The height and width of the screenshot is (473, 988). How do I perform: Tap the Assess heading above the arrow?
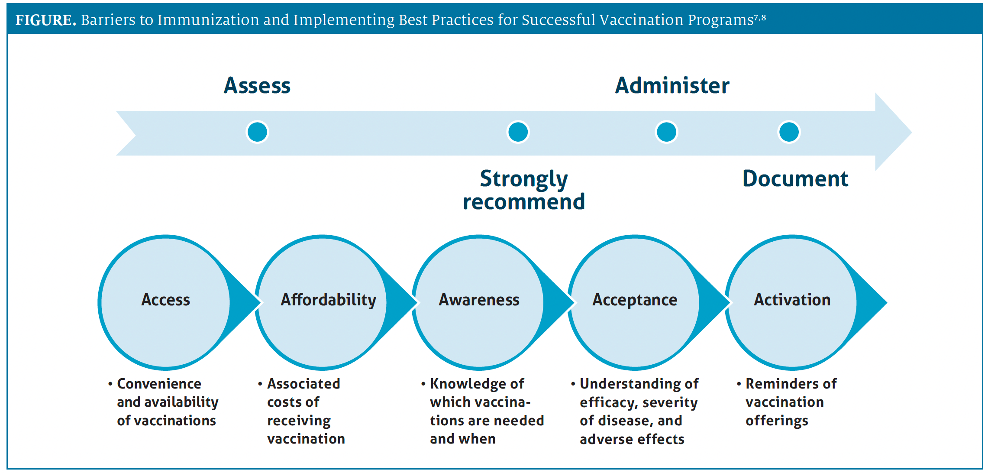[257, 85]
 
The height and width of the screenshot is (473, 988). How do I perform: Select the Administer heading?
[672, 85]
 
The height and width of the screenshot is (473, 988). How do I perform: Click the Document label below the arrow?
[795, 178]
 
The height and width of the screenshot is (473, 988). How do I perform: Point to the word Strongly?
[524, 179]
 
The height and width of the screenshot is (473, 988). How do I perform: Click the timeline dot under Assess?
[257, 132]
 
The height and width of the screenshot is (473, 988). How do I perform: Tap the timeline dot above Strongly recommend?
[518, 132]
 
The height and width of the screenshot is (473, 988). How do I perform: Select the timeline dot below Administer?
[667, 132]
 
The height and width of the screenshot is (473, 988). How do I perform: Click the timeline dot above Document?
[789, 132]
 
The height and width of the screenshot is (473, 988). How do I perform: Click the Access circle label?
[166, 300]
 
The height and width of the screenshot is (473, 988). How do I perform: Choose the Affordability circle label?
[329, 300]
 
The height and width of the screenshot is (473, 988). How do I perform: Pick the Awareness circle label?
[479, 300]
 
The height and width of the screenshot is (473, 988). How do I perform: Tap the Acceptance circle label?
[635, 300]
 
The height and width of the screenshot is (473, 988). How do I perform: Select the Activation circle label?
[792, 300]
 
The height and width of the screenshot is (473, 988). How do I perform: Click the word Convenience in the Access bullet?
[159, 384]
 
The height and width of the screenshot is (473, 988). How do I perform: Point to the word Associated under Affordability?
[304, 384]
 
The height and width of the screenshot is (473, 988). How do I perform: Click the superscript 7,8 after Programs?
[760, 18]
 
